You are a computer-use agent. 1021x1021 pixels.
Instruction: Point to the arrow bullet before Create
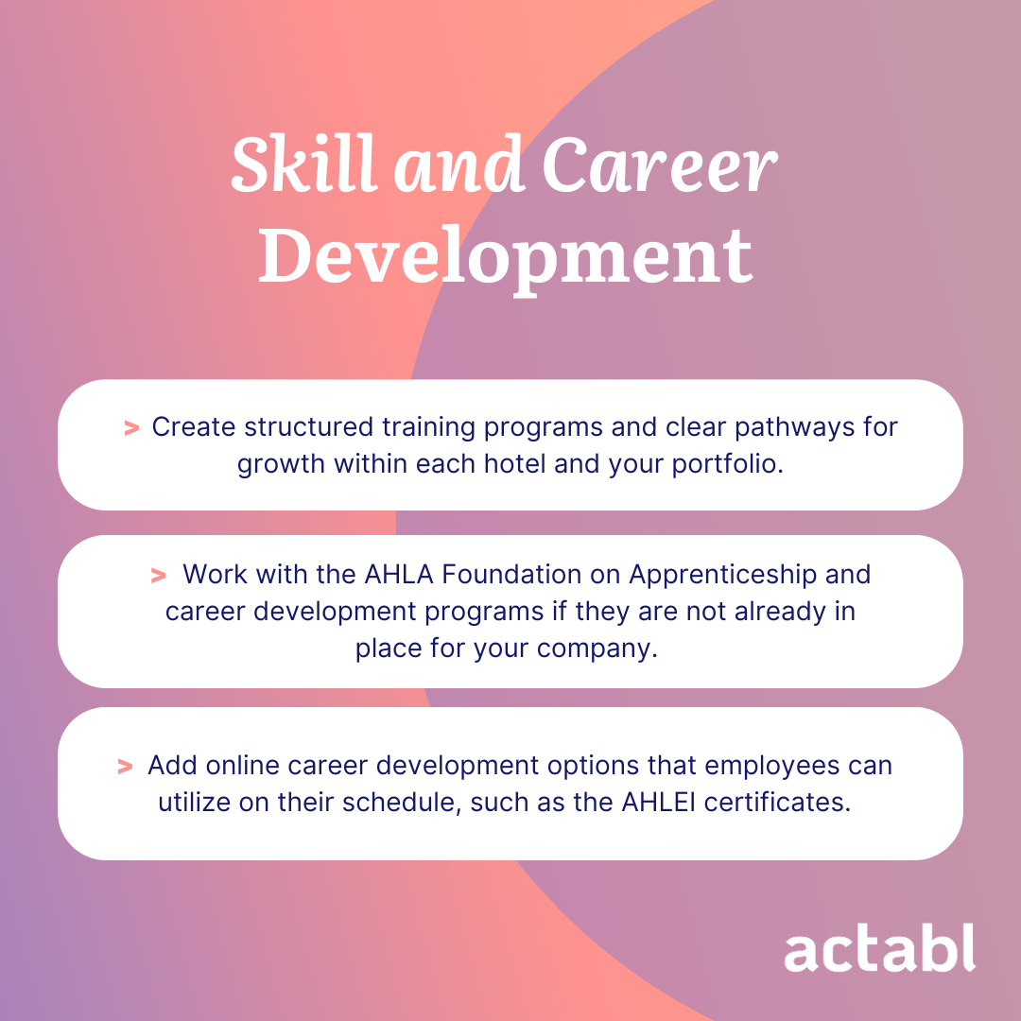pos(131,428)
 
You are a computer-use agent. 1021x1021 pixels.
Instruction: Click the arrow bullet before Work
pos(158,575)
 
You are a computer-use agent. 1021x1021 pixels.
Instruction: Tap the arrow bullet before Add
pos(125,766)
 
